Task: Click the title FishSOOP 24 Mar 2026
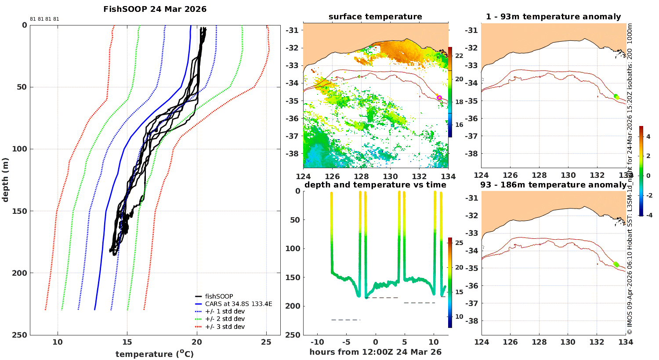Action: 155,9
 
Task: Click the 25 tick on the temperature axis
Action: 266,342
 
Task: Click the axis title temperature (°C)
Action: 155,354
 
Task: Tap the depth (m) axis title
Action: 5,180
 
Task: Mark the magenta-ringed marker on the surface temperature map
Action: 439,97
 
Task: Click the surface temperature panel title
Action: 375,17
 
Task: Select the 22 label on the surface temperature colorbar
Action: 459,56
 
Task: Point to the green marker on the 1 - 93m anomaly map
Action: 617,97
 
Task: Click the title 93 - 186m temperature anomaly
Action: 554,185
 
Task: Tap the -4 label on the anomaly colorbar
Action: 649,215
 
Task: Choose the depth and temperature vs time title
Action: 375,185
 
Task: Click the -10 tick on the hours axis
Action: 317,342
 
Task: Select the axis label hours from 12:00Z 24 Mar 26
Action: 375,352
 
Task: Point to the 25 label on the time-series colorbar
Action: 459,243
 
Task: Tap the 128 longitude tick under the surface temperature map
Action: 361,176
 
